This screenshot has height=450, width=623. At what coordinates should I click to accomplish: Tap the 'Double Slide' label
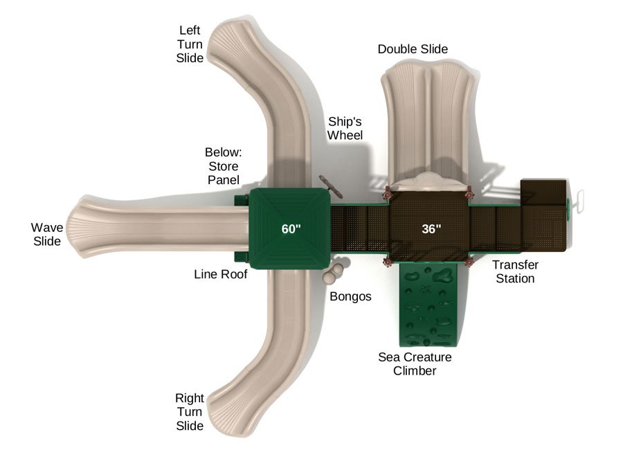pos(413,49)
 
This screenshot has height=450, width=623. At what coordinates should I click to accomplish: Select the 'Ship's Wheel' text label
pos(345,128)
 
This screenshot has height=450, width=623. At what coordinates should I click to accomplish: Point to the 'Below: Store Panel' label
pos(223,166)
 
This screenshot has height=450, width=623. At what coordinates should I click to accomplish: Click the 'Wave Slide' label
pos(47,234)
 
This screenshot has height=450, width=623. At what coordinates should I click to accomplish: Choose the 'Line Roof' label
pos(220,274)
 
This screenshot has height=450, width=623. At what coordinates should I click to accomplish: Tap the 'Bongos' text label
pos(350,296)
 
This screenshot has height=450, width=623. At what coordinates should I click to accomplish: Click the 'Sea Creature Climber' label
pos(415,363)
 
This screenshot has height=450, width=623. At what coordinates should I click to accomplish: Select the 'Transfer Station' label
pos(514,271)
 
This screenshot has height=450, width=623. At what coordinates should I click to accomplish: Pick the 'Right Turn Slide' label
pos(190,412)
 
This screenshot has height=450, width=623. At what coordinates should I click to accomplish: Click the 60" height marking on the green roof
pos(291,229)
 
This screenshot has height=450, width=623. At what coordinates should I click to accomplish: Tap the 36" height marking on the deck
pos(431,229)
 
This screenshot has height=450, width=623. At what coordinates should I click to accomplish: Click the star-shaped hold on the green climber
pos(424,288)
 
